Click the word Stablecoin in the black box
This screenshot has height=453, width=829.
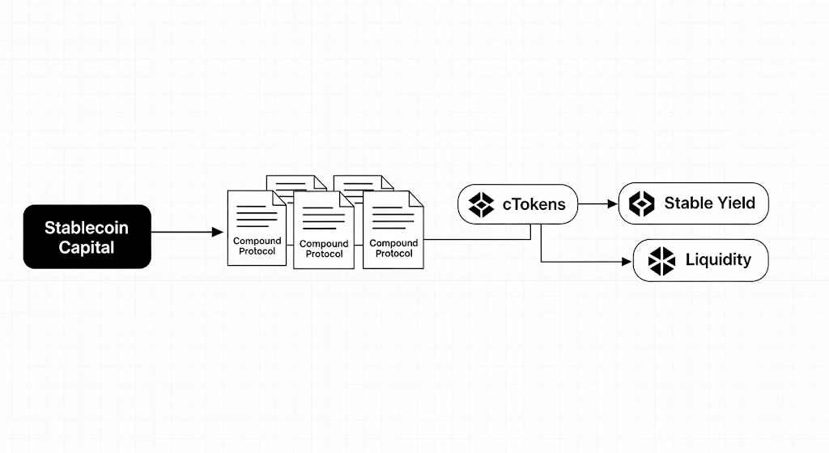click(x=87, y=228)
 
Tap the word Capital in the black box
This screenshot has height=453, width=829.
click(x=87, y=247)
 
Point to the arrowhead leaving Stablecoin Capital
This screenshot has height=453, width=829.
click(x=217, y=233)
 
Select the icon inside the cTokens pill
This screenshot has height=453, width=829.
click(x=481, y=204)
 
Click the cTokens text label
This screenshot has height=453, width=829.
click(x=534, y=204)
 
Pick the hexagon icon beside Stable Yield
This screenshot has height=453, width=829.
click(x=641, y=203)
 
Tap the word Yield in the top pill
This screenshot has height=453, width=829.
click(x=736, y=203)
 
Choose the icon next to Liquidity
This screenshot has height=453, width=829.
click(x=661, y=260)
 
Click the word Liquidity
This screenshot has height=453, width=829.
click(x=718, y=260)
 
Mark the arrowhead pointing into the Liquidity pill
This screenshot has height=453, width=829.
click(x=626, y=262)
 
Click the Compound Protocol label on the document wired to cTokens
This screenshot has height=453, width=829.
click(x=394, y=248)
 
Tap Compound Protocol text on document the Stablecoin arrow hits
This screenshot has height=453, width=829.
click(x=257, y=246)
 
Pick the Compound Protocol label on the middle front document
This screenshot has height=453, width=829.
click(x=324, y=249)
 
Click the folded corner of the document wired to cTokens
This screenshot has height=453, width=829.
click(x=417, y=197)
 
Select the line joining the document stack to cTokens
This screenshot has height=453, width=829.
click(x=478, y=239)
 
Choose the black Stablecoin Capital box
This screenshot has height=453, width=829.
click(x=87, y=237)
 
